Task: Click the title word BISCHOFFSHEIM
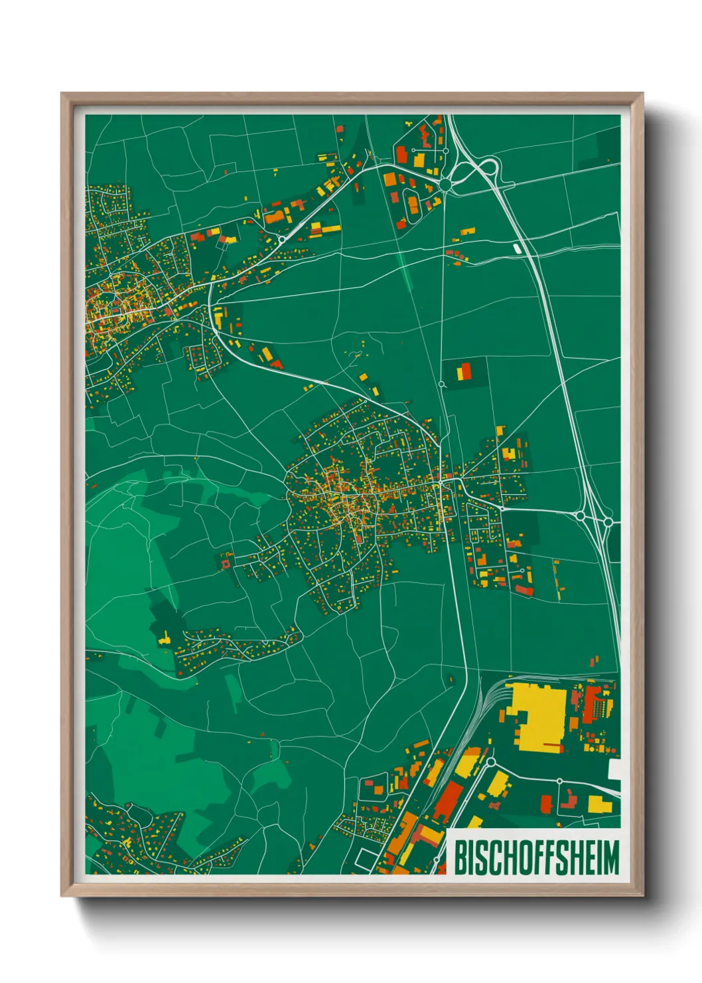pos(536,857)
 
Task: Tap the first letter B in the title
pos(460,857)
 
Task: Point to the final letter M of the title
pos(610,857)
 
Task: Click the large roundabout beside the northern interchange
pos(445,183)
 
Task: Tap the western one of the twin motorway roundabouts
pos(581,515)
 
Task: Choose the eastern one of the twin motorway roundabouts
pos(608,523)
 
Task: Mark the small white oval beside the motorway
pos(517,248)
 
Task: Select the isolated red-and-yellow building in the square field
pos(464,371)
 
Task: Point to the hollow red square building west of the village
pos(226,564)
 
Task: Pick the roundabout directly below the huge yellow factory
pos(492,762)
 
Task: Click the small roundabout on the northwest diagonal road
pos(282,238)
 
